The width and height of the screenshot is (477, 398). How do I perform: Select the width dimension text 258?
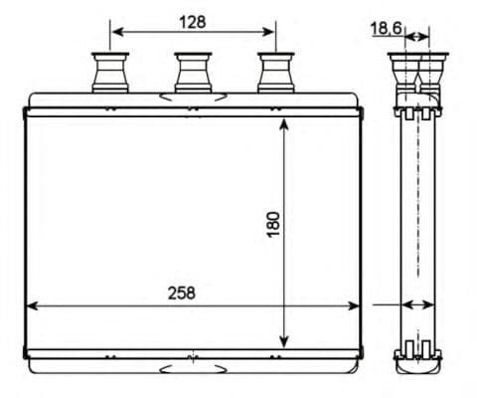click(x=181, y=293)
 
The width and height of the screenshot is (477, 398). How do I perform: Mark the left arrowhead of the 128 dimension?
click(x=114, y=32)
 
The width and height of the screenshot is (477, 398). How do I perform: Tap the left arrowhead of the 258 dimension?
click(x=31, y=304)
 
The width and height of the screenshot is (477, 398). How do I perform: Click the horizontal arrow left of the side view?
click(x=387, y=304)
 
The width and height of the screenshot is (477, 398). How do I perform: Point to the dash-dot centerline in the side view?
click(x=416, y=219)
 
